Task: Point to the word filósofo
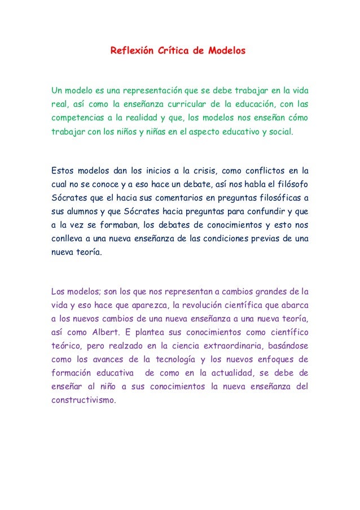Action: [x=292, y=184]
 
